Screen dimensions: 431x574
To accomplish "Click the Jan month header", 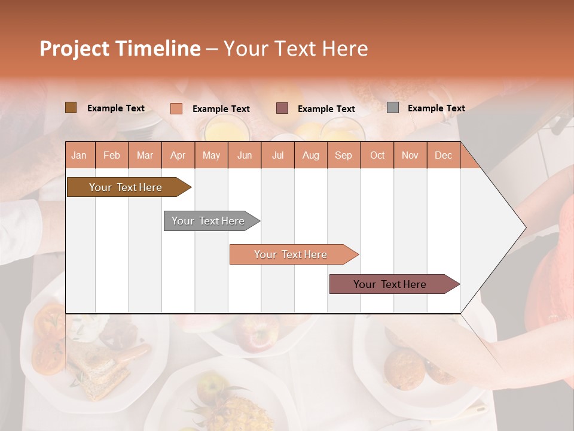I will pos(79,155).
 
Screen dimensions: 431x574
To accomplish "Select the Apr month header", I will pos(178,155).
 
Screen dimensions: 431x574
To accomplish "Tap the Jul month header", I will pos(277,155).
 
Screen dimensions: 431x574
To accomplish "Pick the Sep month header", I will pos(343,155).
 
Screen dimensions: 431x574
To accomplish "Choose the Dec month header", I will pos(443,155).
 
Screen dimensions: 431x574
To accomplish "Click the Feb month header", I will pos(112,155).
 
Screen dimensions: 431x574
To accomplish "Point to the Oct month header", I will pos(377,155).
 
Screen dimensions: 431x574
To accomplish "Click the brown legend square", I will pos(71,108).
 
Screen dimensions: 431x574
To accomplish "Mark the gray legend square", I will pos(393,108).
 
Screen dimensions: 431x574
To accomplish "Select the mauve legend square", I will pos(282,108).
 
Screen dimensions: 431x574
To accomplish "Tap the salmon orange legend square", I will pos(176,108).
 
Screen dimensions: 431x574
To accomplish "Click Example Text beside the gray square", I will pos(436,108).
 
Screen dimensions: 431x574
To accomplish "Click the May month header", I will pos(211,155).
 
